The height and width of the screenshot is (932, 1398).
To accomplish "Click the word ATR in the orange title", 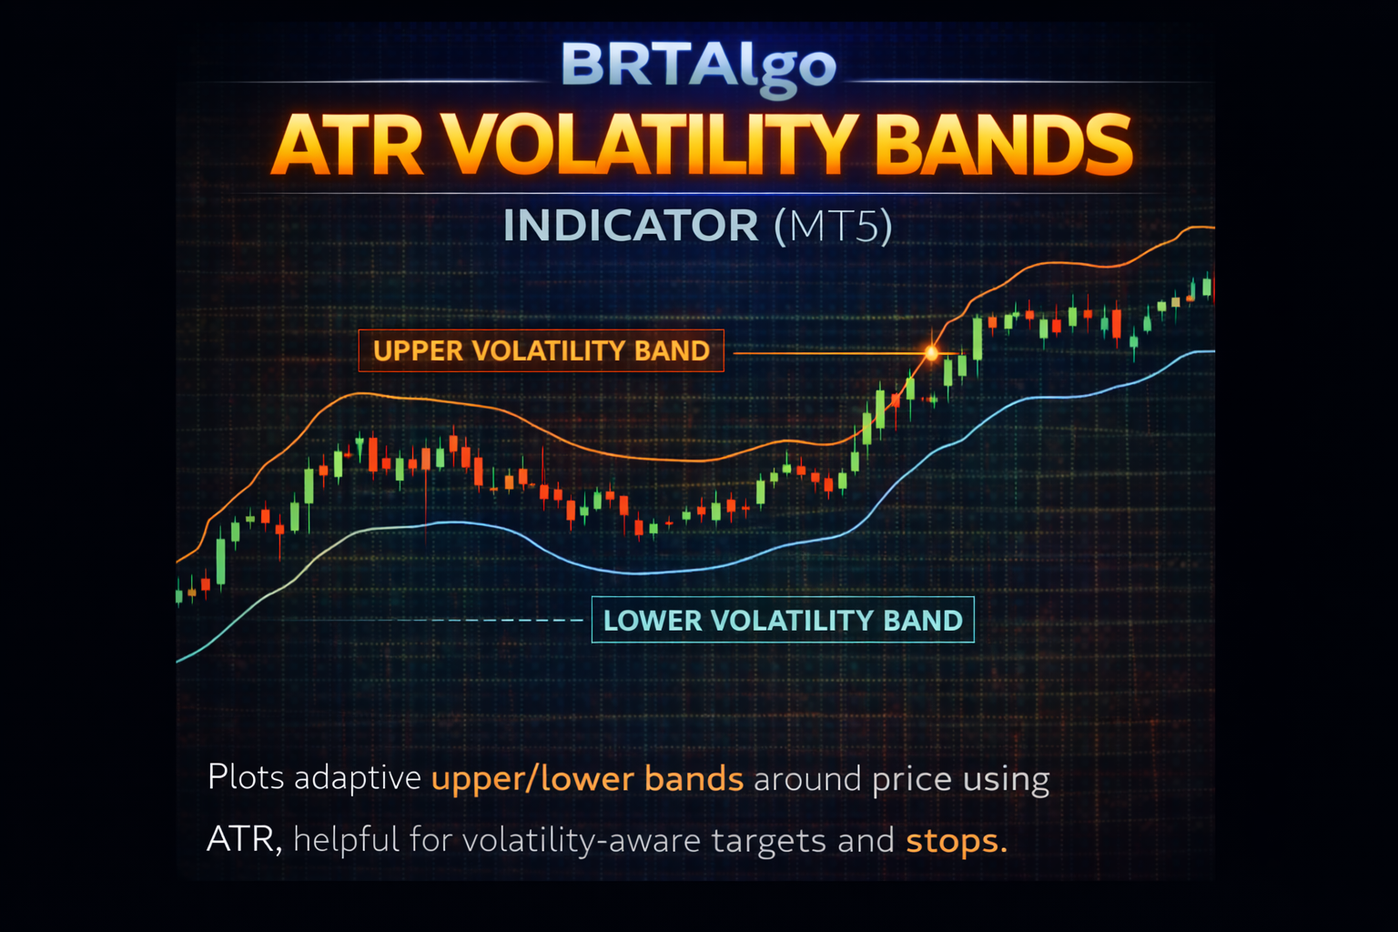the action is [x=348, y=146].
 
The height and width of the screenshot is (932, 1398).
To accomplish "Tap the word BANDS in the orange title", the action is [x=1004, y=146].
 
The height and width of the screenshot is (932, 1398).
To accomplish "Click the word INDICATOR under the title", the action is [x=631, y=226].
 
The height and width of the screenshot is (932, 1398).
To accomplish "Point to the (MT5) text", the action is [x=833, y=226].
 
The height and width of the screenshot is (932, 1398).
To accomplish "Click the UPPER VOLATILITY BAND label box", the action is [x=542, y=350].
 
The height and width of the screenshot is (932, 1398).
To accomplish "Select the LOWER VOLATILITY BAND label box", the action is [x=783, y=620].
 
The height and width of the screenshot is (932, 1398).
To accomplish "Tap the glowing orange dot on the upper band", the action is [x=931, y=353].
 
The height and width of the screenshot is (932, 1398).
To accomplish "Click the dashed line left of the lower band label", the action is [x=490, y=620].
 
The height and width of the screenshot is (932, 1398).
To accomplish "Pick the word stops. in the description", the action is [x=957, y=841].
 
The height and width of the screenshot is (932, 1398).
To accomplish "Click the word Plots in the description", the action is [x=246, y=777].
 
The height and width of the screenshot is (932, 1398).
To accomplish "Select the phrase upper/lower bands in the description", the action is [x=587, y=778].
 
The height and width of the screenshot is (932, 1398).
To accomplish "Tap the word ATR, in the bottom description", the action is [x=245, y=839].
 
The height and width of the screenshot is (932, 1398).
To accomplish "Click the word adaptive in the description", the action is [x=359, y=778].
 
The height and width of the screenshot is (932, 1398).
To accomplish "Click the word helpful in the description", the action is [x=347, y=839].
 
